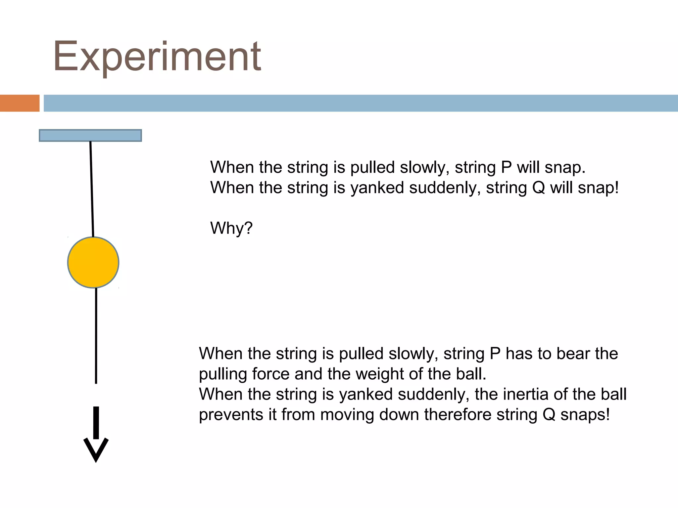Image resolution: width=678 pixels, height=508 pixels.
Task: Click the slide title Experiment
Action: click(x=157, y=57)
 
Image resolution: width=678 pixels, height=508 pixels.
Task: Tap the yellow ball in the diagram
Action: click(x=93, y=262)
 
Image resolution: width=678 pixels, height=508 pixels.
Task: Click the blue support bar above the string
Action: click(x=90, y=136)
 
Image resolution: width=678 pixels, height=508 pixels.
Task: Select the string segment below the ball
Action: click(x=96, y=336)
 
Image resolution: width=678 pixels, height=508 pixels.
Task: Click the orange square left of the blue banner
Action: click(x=20, y=103)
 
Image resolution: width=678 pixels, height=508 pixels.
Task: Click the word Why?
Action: click(x=231, y=228)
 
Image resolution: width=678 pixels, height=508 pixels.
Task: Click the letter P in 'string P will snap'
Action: click(x=507, y=167)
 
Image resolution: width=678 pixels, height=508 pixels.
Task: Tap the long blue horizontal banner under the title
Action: click(x=361, y=103)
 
